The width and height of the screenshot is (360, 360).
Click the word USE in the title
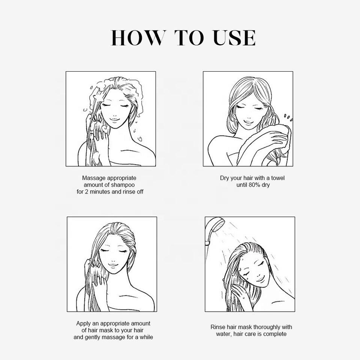point(234,38)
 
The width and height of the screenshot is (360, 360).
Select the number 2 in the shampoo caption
point(86,192)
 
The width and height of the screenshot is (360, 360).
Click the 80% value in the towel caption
point(254,185)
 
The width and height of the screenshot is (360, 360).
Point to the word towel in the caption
point(278,178)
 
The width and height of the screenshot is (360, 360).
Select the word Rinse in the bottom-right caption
point(217,327)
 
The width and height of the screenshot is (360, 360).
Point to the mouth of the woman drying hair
point(248,121)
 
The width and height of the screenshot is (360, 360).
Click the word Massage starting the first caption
point(94,178)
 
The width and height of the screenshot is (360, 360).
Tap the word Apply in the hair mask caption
point(83,324)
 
